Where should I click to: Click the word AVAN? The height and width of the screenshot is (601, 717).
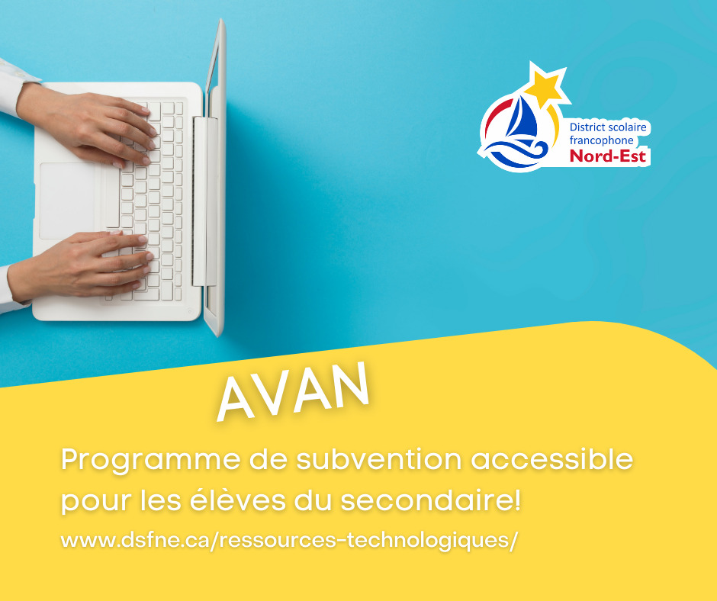point(293,392)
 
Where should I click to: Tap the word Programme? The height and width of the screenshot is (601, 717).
point(151,461)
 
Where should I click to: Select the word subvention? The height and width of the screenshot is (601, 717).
point(379,459)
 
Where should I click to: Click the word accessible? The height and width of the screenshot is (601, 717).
point(552,459)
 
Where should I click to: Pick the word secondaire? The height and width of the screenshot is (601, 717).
point(430,499)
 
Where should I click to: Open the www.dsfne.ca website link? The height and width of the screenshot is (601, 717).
point(289,540)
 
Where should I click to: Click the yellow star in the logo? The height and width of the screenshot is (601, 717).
point(545,85)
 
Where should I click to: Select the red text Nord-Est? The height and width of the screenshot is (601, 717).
point(608,156)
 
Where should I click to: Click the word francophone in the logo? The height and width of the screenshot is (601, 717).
point(601,141)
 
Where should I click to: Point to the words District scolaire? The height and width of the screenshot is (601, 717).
point(608,127)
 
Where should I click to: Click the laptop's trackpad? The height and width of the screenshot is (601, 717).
point(67,201)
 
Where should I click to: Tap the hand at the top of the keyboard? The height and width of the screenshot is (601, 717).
point(87,123)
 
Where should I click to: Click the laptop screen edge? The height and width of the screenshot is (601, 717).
point(216,178)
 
